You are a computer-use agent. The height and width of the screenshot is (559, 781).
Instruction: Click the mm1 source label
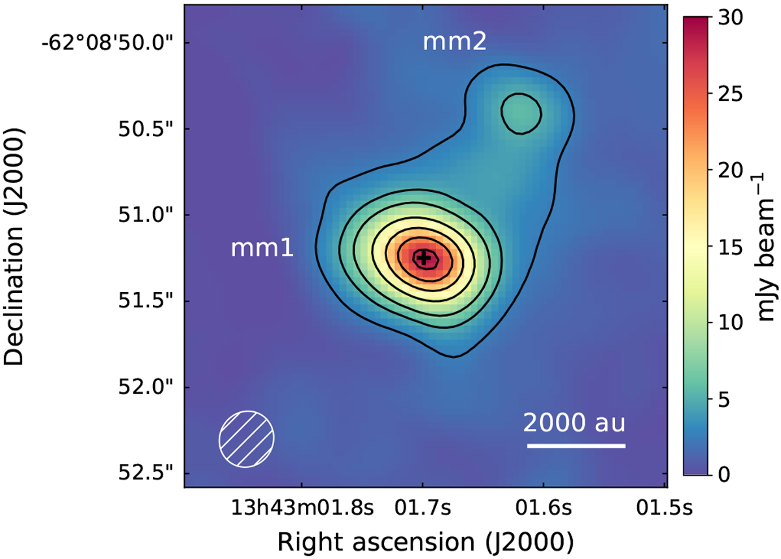262,249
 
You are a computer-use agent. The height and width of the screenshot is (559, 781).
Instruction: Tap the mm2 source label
455,42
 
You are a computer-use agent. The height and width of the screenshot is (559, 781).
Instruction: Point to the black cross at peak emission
424,258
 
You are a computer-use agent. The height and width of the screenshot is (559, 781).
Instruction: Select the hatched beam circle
247,439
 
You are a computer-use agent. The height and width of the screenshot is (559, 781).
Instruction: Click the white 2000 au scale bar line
576,446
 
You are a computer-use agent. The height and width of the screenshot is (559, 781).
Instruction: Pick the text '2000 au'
574,424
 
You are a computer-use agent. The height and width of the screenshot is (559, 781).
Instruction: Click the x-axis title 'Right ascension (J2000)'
425,541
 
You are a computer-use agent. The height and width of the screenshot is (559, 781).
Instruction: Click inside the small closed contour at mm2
521,113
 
